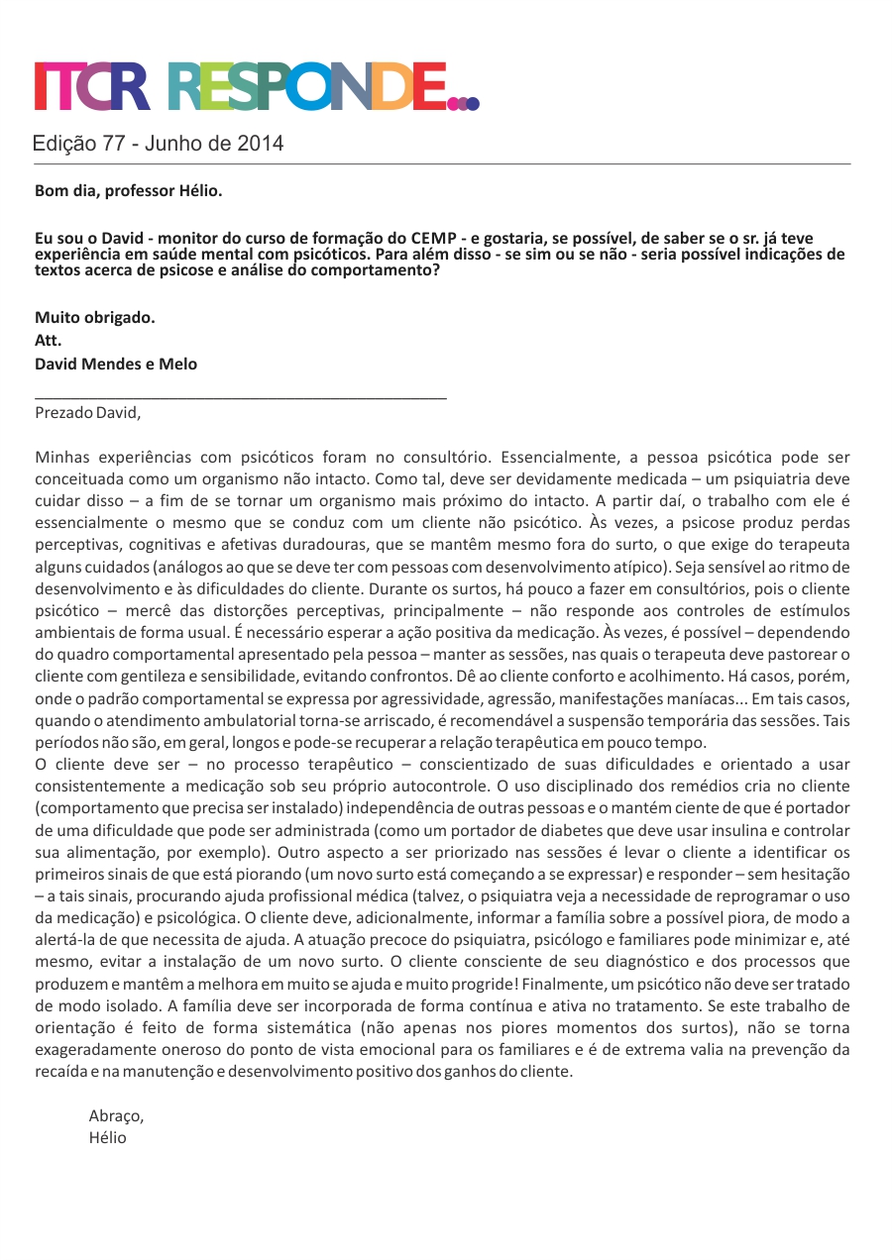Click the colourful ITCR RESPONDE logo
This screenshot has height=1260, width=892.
point(257,86)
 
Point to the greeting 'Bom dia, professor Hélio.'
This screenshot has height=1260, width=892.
point(129,190)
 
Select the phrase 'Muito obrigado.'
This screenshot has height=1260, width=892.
point(95,318)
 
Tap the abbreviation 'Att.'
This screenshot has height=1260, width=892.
point(49,341)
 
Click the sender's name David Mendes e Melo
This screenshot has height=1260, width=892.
point(116,364)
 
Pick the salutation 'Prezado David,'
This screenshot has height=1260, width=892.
point(88,412)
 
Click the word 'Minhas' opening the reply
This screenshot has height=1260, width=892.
point(63,458)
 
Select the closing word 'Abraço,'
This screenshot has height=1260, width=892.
point(116,1115)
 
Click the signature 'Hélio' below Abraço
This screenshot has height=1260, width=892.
point(108,1137)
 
